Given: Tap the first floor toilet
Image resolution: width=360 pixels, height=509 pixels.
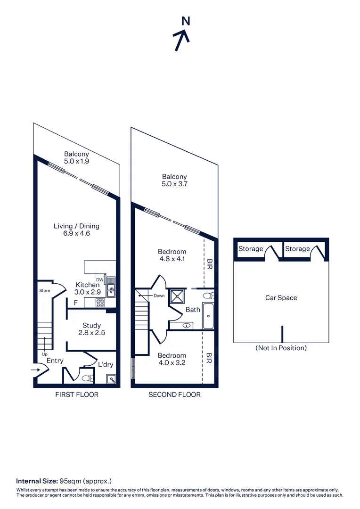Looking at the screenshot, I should click(87, 378).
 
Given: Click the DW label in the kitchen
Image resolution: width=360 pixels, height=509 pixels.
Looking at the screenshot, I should click(99, 279).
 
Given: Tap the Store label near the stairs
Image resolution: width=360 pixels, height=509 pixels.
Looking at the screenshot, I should click(44, 291).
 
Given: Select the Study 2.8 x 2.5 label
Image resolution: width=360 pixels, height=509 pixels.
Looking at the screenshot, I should click(91, 329).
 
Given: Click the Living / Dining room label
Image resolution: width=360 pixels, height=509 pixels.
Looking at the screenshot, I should click(76, 230).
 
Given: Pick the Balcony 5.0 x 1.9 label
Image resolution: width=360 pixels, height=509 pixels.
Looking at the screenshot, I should click(77, 157).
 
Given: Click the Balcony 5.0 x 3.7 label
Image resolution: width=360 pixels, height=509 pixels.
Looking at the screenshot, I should click(174, 181).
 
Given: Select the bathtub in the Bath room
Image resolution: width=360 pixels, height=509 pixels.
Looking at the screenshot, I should click(208, 317).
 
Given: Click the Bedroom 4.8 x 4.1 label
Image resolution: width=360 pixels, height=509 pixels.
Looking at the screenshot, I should click(172, 255).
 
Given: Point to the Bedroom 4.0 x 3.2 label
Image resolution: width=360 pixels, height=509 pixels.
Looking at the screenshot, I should click(172, 359).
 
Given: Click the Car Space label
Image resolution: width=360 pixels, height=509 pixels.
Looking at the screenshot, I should click(281, 298).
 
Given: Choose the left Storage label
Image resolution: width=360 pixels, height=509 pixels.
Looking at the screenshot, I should click(251, 249).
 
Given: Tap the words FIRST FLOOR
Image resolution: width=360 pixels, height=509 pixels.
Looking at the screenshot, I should click(77, 394).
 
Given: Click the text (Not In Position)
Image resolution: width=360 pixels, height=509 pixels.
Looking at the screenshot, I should click(281, 348).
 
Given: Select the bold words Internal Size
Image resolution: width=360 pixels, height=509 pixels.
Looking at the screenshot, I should click(37, 481).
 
